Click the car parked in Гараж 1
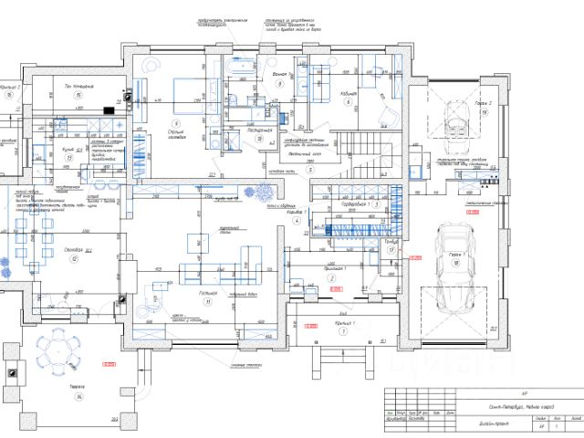tap(454, 265)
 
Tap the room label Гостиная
tap(208, 294)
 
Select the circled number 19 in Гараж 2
tap(482, 113)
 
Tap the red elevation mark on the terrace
tap(110, 366)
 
